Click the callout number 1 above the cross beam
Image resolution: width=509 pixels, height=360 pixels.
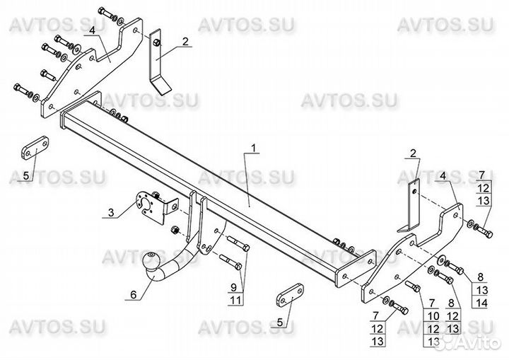point(255,148)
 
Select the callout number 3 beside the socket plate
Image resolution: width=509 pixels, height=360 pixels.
point(112,213)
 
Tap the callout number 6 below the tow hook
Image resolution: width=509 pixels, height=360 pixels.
point(134,294)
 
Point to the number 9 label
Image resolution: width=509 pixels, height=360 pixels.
point(234,287)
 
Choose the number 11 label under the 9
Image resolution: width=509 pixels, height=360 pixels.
point(235,300)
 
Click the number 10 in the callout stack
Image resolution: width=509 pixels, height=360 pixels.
point(433,315)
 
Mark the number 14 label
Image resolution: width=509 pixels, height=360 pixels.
point(481,303)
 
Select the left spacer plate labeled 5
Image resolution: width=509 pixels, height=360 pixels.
point(35,148)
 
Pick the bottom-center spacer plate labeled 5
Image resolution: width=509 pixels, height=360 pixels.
point(290,295)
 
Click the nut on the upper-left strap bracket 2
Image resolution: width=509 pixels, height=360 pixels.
point(156,42)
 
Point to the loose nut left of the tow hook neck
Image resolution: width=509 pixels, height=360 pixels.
point(175,230)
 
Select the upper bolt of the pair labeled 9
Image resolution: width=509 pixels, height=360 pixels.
point(238,243)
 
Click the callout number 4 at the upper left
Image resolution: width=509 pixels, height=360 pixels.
point(92,30)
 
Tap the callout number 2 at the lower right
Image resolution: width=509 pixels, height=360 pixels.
point(413,153)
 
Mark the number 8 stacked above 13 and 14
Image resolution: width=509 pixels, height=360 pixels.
point(481,277)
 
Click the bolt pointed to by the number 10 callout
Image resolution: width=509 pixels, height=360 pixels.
point(413,286)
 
